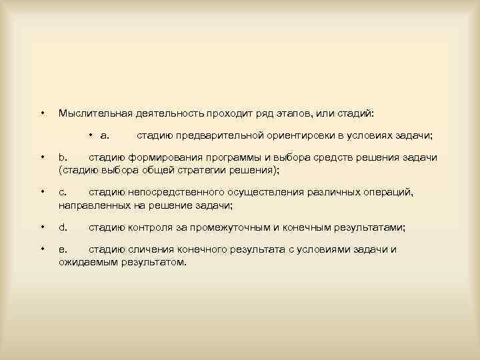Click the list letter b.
63,158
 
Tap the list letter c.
63,192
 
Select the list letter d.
63,227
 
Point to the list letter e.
63,249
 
